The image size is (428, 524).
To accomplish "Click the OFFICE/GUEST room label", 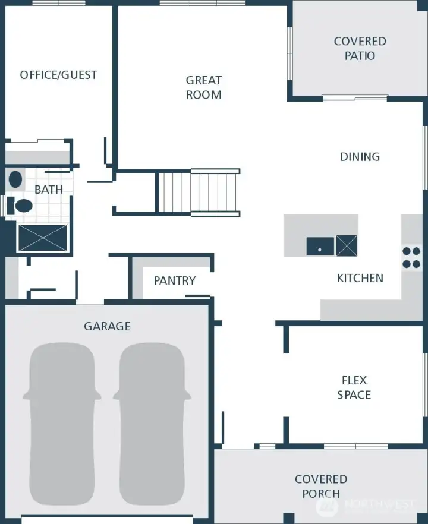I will click(x=58, y=75).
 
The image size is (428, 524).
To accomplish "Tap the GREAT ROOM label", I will click(x=204, y=87).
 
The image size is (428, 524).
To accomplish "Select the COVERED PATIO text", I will click(x=360, y=48).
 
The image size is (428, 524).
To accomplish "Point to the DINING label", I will click(x=360, y=157).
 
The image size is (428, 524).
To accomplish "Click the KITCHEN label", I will click(x=360, y=278).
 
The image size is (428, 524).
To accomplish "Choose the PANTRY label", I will click(x=174, y=280).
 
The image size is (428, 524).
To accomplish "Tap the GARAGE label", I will click(x=107, y=326).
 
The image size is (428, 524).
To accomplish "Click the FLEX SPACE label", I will click(x=354, y=387).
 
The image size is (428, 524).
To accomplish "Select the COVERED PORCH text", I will click(x=321, y=486).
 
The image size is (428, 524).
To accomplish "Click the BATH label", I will click(x=49, y=190).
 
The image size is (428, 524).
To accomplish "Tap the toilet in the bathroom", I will click(x=23, y=206).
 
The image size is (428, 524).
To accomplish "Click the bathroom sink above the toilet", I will click(x=16, y=179).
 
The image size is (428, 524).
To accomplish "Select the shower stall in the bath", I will click(x=43, y=238).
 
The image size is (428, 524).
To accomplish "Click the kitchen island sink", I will click(x=320, y=246).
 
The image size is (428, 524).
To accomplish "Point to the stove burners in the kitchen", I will click(x=411, y=257).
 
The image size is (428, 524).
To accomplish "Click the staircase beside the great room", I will click(x=199, y=192).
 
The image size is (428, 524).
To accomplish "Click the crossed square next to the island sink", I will click(x=347, y=245).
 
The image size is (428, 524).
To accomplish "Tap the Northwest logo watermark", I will click(x=366, y=506).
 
